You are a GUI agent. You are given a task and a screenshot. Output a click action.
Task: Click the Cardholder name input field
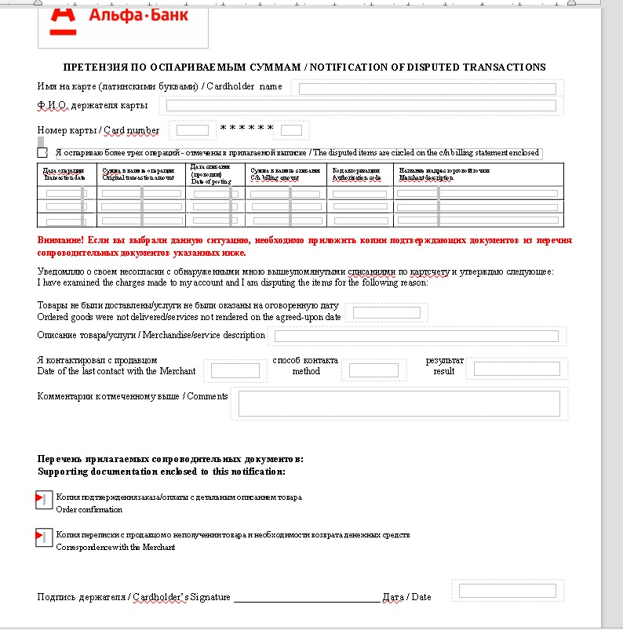click(427, 89)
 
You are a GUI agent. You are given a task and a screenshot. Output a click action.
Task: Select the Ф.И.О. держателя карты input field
click(361, 105)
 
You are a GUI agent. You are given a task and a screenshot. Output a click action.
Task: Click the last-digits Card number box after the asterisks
click(292, 130)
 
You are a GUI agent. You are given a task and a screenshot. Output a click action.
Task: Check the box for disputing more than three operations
click(42, 152)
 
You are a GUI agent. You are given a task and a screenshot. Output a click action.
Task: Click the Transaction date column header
click(64, 173)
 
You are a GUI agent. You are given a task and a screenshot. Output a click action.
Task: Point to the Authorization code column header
click(357, 173)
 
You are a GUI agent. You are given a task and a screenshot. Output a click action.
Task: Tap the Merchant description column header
click(443, 173)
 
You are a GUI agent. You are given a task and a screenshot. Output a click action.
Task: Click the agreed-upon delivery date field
click(387, 312)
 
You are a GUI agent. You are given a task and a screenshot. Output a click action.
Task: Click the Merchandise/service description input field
click(415, 336)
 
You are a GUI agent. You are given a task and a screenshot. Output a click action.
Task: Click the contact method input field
click(373, 370)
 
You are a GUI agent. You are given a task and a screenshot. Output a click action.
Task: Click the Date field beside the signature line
click(507, 591)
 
